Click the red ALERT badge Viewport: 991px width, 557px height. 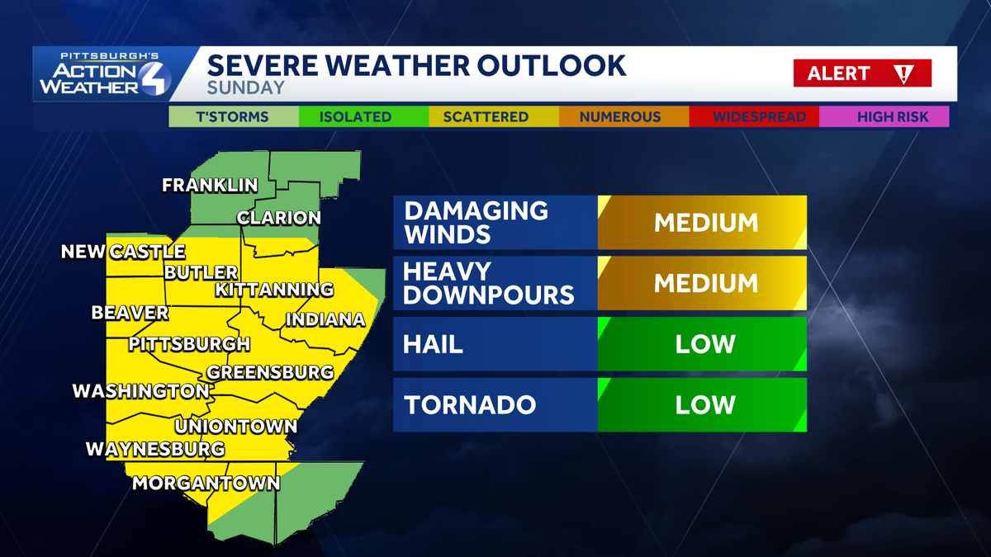click(x=862, y=73)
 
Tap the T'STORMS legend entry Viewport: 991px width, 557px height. click(x=232, y=116)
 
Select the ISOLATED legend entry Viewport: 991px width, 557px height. click(x=355, y=116)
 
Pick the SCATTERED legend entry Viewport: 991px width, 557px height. click(x=486, y=116)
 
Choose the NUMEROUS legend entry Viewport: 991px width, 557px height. click(x=620, y=116)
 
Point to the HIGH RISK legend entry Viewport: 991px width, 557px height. click(x=892, y=116)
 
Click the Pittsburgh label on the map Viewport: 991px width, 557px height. click(x=189, y=343)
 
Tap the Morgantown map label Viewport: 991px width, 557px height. click(x=206, y=483)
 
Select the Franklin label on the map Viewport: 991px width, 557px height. click(x=210, y=185)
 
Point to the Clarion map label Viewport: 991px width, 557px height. click(x=279, y=218)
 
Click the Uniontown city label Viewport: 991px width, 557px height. click(x=235, y=427)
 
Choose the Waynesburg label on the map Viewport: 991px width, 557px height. click(x=155, y=449)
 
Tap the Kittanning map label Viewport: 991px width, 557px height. click(x=274, y=290)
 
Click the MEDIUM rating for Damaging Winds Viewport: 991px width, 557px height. click(x=705, y=223)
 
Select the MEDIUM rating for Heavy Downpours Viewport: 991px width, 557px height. click(x=705, y=283)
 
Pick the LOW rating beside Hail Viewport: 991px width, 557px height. click(x=705, y=343)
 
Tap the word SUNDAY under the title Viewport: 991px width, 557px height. click(x=245, y=87)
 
